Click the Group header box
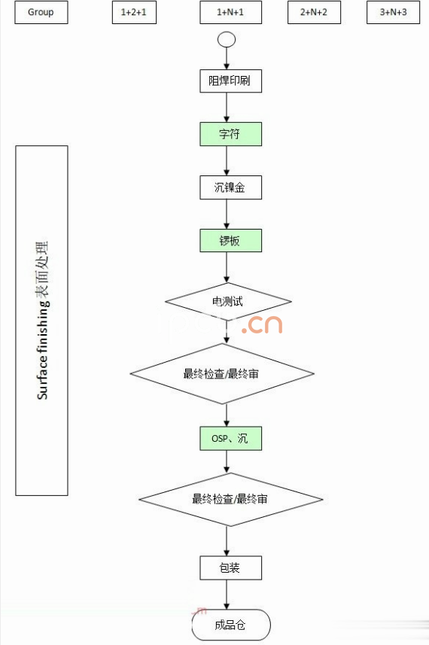pos(41,12)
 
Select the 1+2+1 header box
pos(134,12)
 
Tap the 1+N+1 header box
pos(230,12)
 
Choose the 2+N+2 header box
pos(314,12)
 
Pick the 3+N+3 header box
pos(394,12)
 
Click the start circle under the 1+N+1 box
pos(227,40)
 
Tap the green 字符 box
pos(230,134)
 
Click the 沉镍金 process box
pos(230,187)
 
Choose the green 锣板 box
pos(230,241)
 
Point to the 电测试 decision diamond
pos(228,302)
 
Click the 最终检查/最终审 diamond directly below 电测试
pos(222,373)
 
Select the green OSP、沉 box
pos(230,438)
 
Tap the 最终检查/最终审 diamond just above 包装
pos(231,499)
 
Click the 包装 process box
pos(230,567)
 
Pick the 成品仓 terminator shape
pos(230,625)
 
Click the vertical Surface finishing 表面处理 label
pos(42,320)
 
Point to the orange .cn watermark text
pos(262,324)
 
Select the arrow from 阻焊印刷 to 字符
pos(227,107)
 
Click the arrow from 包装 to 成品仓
pos(227,595)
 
